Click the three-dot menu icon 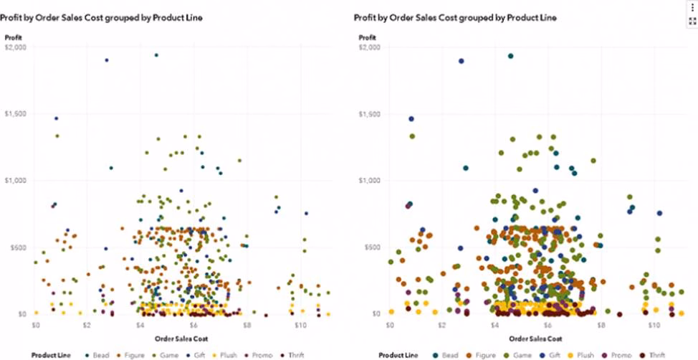[x=692, y=6]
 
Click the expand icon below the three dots [x=692, y=21]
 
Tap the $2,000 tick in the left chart [x=16, y=47]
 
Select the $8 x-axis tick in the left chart [x=246, y=326]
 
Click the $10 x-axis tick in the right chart [x=652, y=326]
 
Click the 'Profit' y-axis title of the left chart [x=13, y=37]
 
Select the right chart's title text [x=454, y=17]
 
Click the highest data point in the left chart [x=156, y=55]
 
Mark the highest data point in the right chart [x=510, y=56]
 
